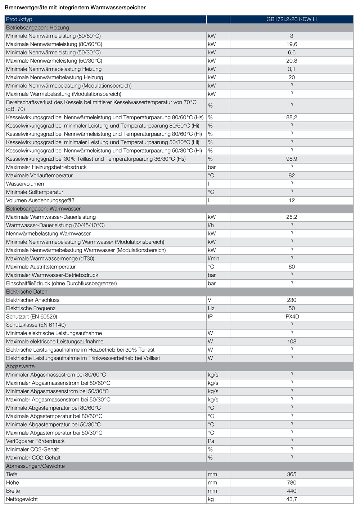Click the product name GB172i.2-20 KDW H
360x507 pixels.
(x=292, y=19)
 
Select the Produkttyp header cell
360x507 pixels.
(x=19, y=19)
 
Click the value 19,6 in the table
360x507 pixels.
(x=292, y=44)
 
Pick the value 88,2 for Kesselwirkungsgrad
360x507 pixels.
(x=292, y=117)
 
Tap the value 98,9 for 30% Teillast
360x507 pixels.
(x=292, y=159)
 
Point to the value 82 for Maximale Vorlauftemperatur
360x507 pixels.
(x=292, y=175)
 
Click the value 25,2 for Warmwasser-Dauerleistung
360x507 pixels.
(x=292, y=217)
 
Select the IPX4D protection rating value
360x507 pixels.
(x=292, y=317)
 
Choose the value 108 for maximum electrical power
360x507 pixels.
(x=292, y=342)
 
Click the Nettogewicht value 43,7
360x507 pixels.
(x=292, y=499)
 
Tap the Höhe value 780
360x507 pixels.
(x=292, y=483)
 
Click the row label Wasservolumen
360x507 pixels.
(x=25, y=184)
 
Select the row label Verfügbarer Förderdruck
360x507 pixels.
(x=35, y=441)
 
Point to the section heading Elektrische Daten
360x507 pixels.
(x=27, y=292)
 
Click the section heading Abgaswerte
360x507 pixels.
(x=20, y=366)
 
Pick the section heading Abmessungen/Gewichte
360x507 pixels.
(x=35, y=466)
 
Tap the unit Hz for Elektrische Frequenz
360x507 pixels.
(x=211, y=308)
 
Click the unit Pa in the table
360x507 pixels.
(x=211, y=441)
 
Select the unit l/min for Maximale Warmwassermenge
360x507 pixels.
(x=213, y=259)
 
